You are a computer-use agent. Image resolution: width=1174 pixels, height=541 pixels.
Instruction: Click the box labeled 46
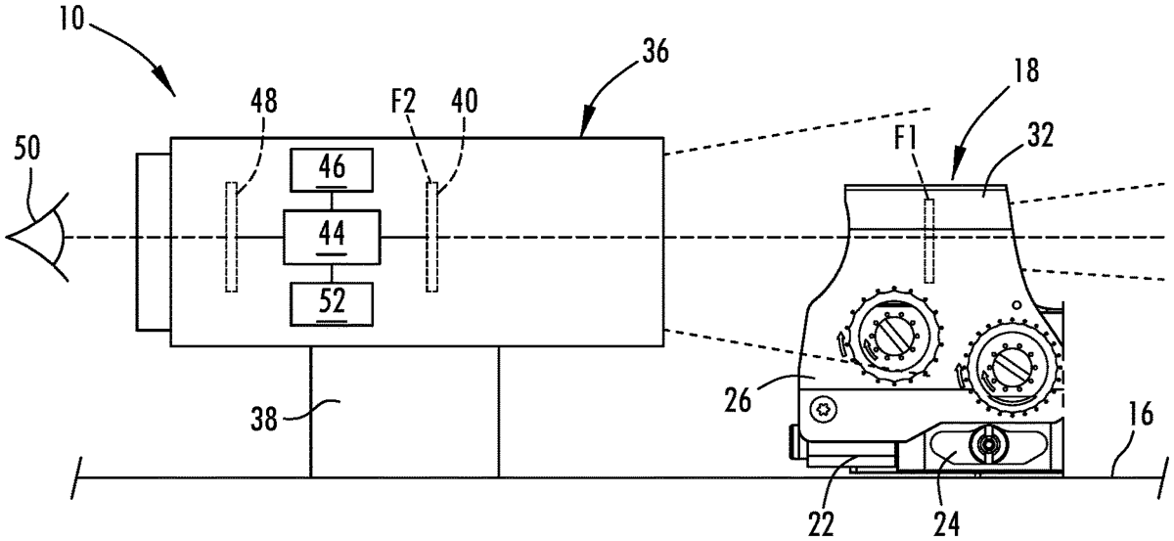pos(332,170)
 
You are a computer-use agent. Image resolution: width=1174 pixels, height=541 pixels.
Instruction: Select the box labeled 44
pos(332,237)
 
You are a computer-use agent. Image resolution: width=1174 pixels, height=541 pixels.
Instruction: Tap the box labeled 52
pos(332,304)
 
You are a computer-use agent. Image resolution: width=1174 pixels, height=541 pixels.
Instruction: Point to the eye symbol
pos(38,237)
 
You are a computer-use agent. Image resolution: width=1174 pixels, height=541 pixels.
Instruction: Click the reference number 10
pos(71,20)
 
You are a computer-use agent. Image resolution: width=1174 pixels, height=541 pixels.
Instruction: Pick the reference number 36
pos(655,53)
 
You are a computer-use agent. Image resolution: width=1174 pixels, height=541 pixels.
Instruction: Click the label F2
pos(403,101)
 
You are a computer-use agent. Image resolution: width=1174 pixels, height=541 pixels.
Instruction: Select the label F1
pos(905,140)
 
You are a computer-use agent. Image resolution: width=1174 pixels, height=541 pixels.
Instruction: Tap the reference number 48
pos(263,101)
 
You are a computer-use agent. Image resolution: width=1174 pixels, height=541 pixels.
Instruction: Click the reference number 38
pos(263,420)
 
